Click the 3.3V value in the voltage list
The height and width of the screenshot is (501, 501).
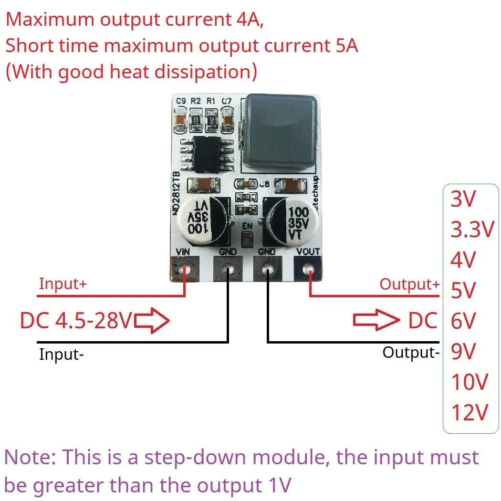(x=471, y=230)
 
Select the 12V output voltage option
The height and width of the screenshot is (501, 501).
(x=470, y=412)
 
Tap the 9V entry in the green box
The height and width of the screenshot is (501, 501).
(x=463, y=352)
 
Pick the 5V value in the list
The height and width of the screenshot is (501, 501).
(x=463, y=291)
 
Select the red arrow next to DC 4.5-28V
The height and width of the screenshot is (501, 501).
(x=152, y=321)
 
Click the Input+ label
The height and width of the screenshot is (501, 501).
(x=63, y=283)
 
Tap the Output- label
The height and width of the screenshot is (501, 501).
(x=411, y=353)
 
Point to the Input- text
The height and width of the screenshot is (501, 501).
(x=62, y=355)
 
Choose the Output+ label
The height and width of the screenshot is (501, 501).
(x=409, y=284)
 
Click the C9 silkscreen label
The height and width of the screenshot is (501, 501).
(x=181, y=101)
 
